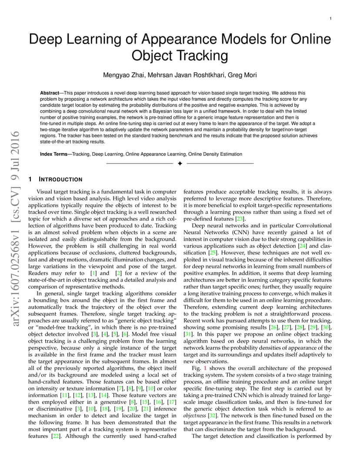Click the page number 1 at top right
(x=331, y=18)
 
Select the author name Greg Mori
(x=241, y=75)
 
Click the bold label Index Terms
(x=56, y=154)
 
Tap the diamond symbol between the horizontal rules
(x=180, y=163)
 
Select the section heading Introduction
(x=60, y=179)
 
